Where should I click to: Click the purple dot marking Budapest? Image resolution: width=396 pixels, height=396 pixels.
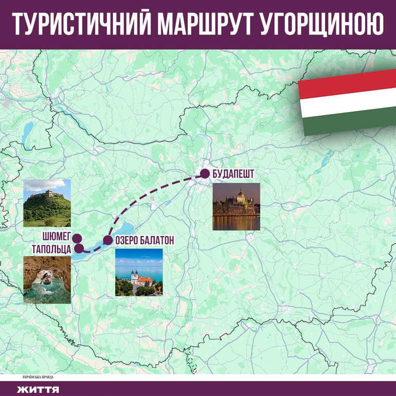205,174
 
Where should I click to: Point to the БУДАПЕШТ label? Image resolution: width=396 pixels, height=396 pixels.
233,174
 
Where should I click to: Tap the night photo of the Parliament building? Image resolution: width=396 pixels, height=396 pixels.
237,207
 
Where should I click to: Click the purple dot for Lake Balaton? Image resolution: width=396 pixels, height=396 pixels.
107,240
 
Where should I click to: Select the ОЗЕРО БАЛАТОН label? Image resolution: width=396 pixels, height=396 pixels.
145,240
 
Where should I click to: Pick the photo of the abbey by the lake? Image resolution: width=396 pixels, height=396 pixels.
139,273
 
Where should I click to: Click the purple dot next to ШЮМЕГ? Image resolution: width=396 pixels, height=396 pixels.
77,238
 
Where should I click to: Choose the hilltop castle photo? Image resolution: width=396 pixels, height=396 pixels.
47,203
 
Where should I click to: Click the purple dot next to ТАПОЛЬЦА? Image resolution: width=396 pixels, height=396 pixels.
79,248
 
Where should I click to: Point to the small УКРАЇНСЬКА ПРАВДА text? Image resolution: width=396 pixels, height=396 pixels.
38,376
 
